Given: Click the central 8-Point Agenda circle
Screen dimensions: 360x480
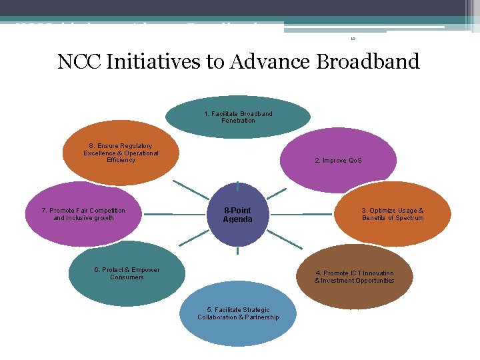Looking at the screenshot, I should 238,214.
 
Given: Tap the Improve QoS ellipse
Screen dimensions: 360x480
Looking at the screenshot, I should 338,161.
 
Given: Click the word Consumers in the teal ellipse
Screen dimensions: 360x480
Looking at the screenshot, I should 127,277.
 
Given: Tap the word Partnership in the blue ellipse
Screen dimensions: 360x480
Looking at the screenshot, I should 260,317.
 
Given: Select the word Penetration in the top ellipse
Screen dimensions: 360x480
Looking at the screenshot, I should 238,121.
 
